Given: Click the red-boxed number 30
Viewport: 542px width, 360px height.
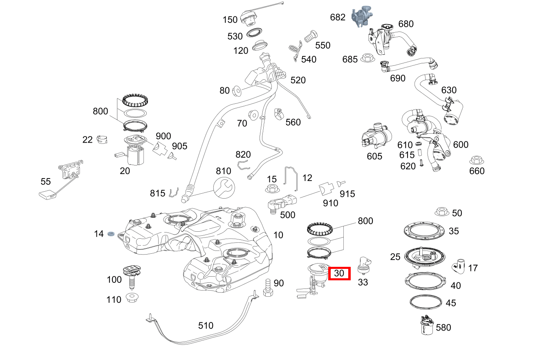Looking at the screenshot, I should (x=339, y=273).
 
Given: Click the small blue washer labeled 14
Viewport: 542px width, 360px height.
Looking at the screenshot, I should (x=110, y=234).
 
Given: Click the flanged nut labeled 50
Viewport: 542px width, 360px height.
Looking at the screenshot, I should (x=441, y=212).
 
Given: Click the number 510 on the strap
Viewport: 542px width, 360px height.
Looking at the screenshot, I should (x=206, y=326).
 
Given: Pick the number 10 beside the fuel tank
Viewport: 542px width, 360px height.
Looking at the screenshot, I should (x=278, y=235).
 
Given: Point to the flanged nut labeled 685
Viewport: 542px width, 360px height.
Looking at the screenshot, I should (x=367, y=58).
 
